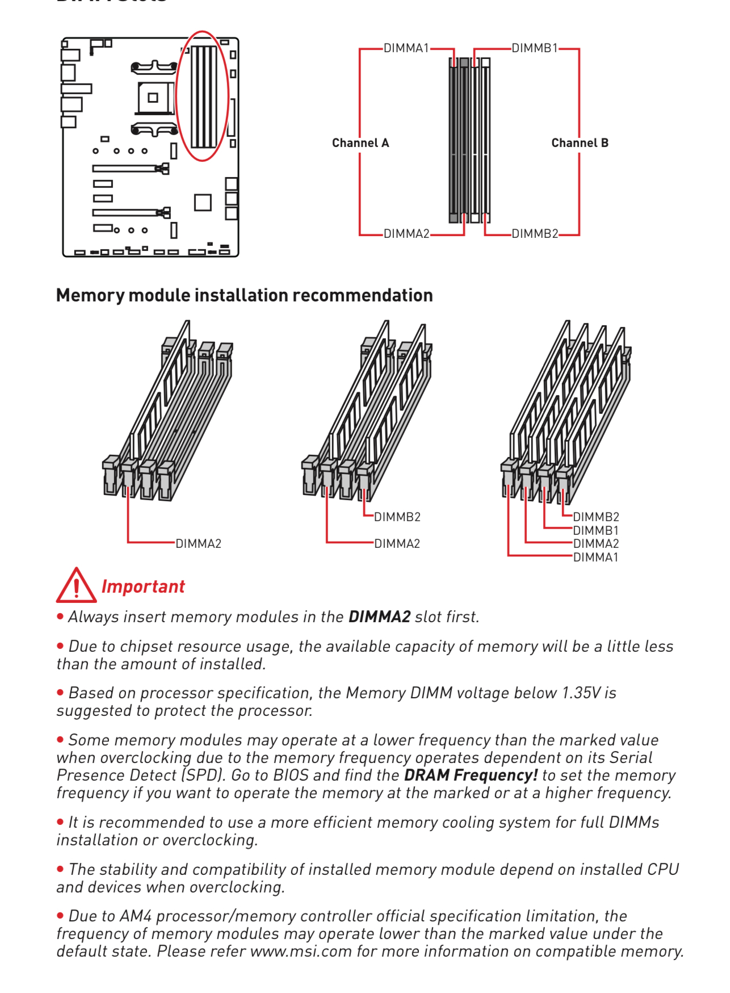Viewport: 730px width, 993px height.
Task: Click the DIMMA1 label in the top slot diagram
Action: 406,48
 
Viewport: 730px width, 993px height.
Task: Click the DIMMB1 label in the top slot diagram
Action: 535,48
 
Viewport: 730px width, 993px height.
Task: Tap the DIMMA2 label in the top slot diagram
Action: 406,234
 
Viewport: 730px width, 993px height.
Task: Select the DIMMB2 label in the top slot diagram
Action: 535,234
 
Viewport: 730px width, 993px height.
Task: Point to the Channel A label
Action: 360,143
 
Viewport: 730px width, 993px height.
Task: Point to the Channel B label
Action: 580,143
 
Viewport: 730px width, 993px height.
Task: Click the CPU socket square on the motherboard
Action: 153,97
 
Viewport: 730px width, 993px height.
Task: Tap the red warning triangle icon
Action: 76,586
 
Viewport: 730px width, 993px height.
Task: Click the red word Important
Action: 143,586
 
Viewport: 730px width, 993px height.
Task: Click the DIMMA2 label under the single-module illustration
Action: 198,544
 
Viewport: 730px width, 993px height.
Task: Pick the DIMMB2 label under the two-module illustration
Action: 397,517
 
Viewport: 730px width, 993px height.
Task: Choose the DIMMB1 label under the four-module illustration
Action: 595,531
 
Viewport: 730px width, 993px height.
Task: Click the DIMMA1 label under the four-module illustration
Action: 595,558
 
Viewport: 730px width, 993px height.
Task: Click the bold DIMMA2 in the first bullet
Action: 379,617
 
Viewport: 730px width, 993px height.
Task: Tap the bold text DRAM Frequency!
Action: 471,776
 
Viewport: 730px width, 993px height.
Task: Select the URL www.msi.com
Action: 301,952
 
